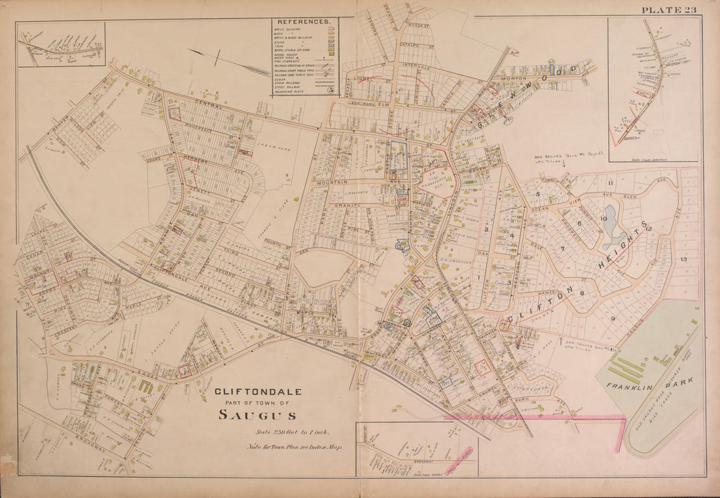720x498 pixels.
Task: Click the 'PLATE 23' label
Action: pos(668,9)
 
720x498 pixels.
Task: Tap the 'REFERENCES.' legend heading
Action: pos(304,22)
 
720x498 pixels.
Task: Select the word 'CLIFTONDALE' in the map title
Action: pos(259,392)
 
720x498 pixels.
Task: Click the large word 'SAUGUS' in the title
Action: pos(258,414)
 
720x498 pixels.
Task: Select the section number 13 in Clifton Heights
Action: pos(683,260)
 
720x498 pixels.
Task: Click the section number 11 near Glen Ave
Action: pos(609,183)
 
